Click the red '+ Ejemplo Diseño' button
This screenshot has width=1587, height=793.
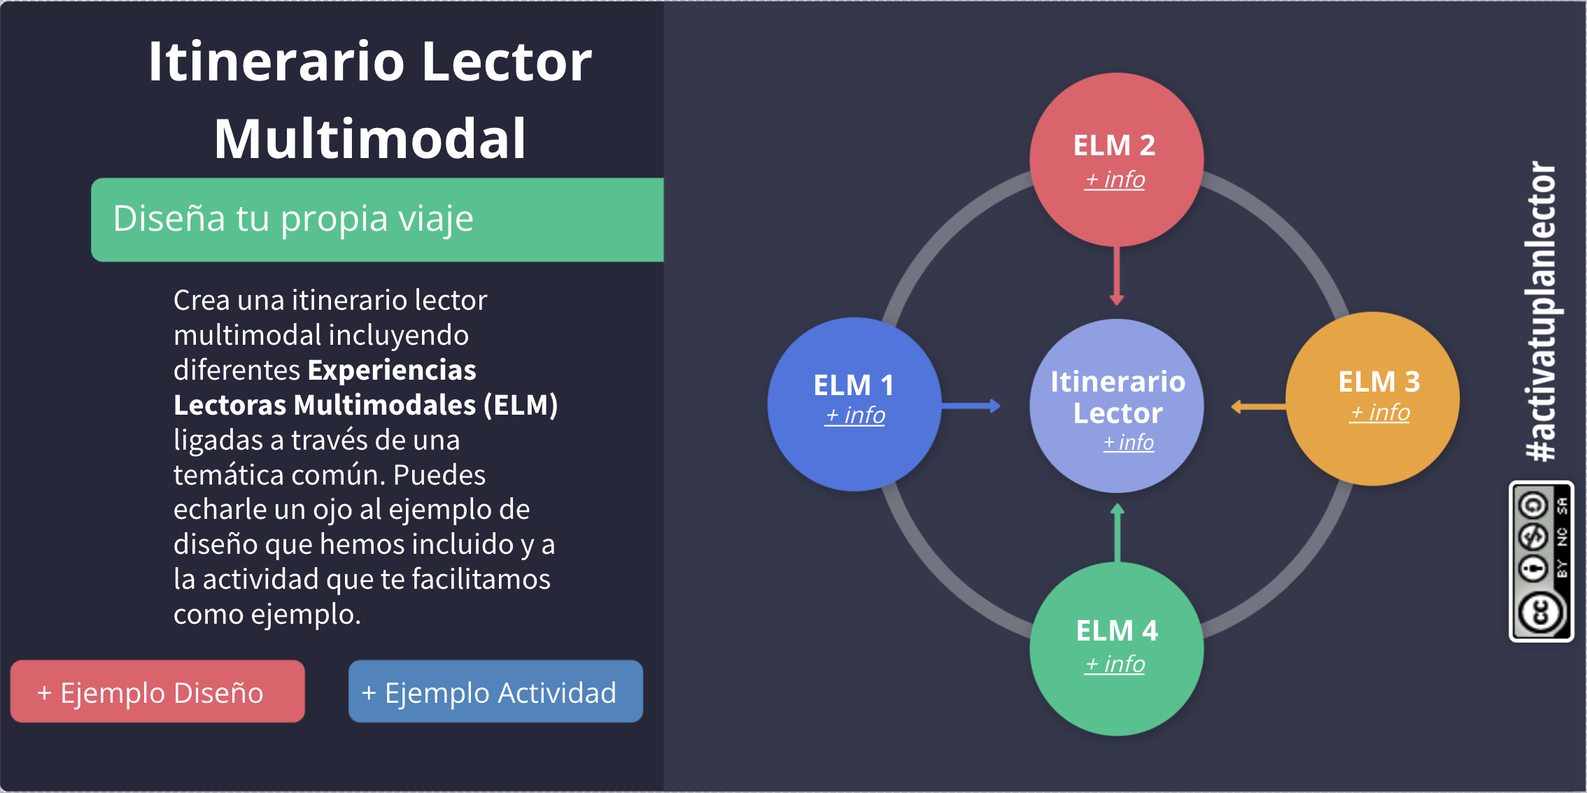157,692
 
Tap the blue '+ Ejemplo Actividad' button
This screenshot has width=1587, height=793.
495,692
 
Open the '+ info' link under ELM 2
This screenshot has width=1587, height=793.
1115,180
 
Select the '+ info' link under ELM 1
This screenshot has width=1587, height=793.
854,415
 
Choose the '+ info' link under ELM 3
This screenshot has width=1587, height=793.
1379,413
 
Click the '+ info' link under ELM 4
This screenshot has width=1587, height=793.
1115,664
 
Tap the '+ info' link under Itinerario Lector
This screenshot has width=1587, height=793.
1128,442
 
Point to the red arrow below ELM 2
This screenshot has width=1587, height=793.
1117,276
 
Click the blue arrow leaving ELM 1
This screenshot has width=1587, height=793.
971,406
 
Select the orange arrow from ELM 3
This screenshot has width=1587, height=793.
1258,406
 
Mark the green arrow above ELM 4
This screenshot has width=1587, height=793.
1117,533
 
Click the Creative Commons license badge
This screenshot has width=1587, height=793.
1542,561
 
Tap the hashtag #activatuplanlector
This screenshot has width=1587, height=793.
1541,311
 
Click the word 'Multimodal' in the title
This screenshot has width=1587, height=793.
369,138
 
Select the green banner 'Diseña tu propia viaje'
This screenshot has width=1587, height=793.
377,220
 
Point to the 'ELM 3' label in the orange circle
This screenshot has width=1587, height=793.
1379,382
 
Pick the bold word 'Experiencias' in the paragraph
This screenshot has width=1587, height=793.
392,370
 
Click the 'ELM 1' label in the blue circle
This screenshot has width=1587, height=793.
854,385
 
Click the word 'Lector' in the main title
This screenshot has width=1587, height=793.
507,62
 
